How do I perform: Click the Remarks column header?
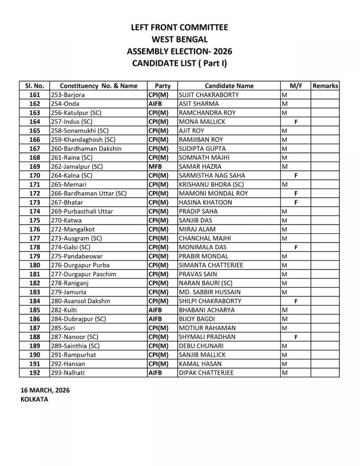tap(325, 86)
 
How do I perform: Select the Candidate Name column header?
tap(229, 86)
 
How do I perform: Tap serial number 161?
tap(35, 95)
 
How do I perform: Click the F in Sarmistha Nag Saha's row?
tap(296, 175)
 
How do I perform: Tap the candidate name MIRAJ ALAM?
tap(197, 229)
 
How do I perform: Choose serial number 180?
tap(35, 265)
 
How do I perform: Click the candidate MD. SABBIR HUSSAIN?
tap(209, 292)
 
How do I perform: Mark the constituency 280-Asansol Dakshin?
tap(80, 301)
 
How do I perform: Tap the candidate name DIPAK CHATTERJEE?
tap(206, 373)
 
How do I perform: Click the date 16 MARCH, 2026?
tap(45, 390)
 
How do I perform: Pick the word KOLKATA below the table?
tap(35, 399)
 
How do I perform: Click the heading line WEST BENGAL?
tap(179, 39)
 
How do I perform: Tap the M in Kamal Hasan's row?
tap(284, 364)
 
